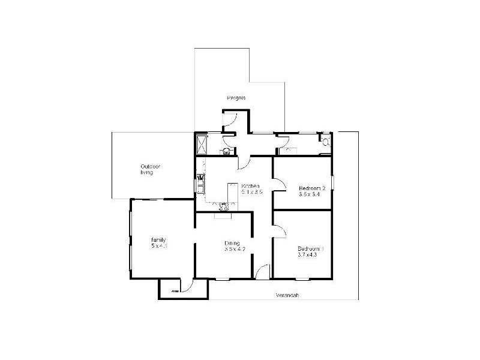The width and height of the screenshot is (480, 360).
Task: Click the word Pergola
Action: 236,98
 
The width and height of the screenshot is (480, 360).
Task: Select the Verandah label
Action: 287,295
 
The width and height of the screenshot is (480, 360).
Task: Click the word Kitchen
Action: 250,186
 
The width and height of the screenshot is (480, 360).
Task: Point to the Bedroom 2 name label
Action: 311,188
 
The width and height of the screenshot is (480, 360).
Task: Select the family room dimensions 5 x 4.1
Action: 158,246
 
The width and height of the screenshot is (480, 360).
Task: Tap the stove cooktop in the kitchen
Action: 223,207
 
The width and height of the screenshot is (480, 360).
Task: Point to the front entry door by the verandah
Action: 262,272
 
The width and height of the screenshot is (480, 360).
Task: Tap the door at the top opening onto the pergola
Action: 231,119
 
